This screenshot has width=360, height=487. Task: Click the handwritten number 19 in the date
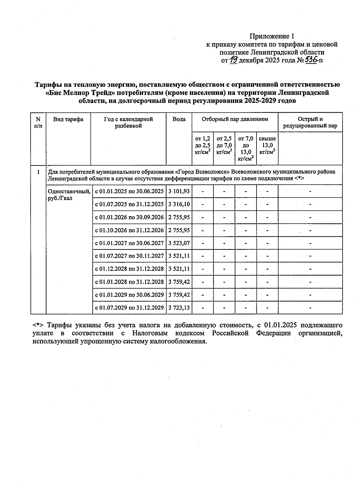click(234, 60)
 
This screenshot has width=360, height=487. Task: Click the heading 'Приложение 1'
click(271, 36)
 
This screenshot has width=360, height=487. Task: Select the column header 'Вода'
click(179, 119)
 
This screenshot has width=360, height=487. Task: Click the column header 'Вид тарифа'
click(68, 119)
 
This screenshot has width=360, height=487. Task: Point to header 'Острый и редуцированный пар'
click(310, 122)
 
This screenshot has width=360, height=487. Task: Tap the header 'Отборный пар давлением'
click(235, 119)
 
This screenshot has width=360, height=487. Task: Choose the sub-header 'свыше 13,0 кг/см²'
click(267, 145)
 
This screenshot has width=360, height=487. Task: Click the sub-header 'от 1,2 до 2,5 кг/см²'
click(202, 145)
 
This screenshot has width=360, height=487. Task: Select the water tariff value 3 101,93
click(179, 191)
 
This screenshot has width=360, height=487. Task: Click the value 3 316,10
click(179, 204)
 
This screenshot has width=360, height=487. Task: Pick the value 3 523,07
click(179, 243)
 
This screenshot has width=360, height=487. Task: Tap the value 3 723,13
click(179, 307)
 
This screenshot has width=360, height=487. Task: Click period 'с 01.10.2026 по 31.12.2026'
click(129, 230)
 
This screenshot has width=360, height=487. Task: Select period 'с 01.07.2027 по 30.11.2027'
click(129, 256)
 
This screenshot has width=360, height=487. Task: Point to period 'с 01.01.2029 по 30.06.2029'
click(129, 294)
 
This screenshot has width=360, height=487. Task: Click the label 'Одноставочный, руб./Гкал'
click(69, 195)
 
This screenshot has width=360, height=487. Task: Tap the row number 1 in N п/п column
click(38, 172)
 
